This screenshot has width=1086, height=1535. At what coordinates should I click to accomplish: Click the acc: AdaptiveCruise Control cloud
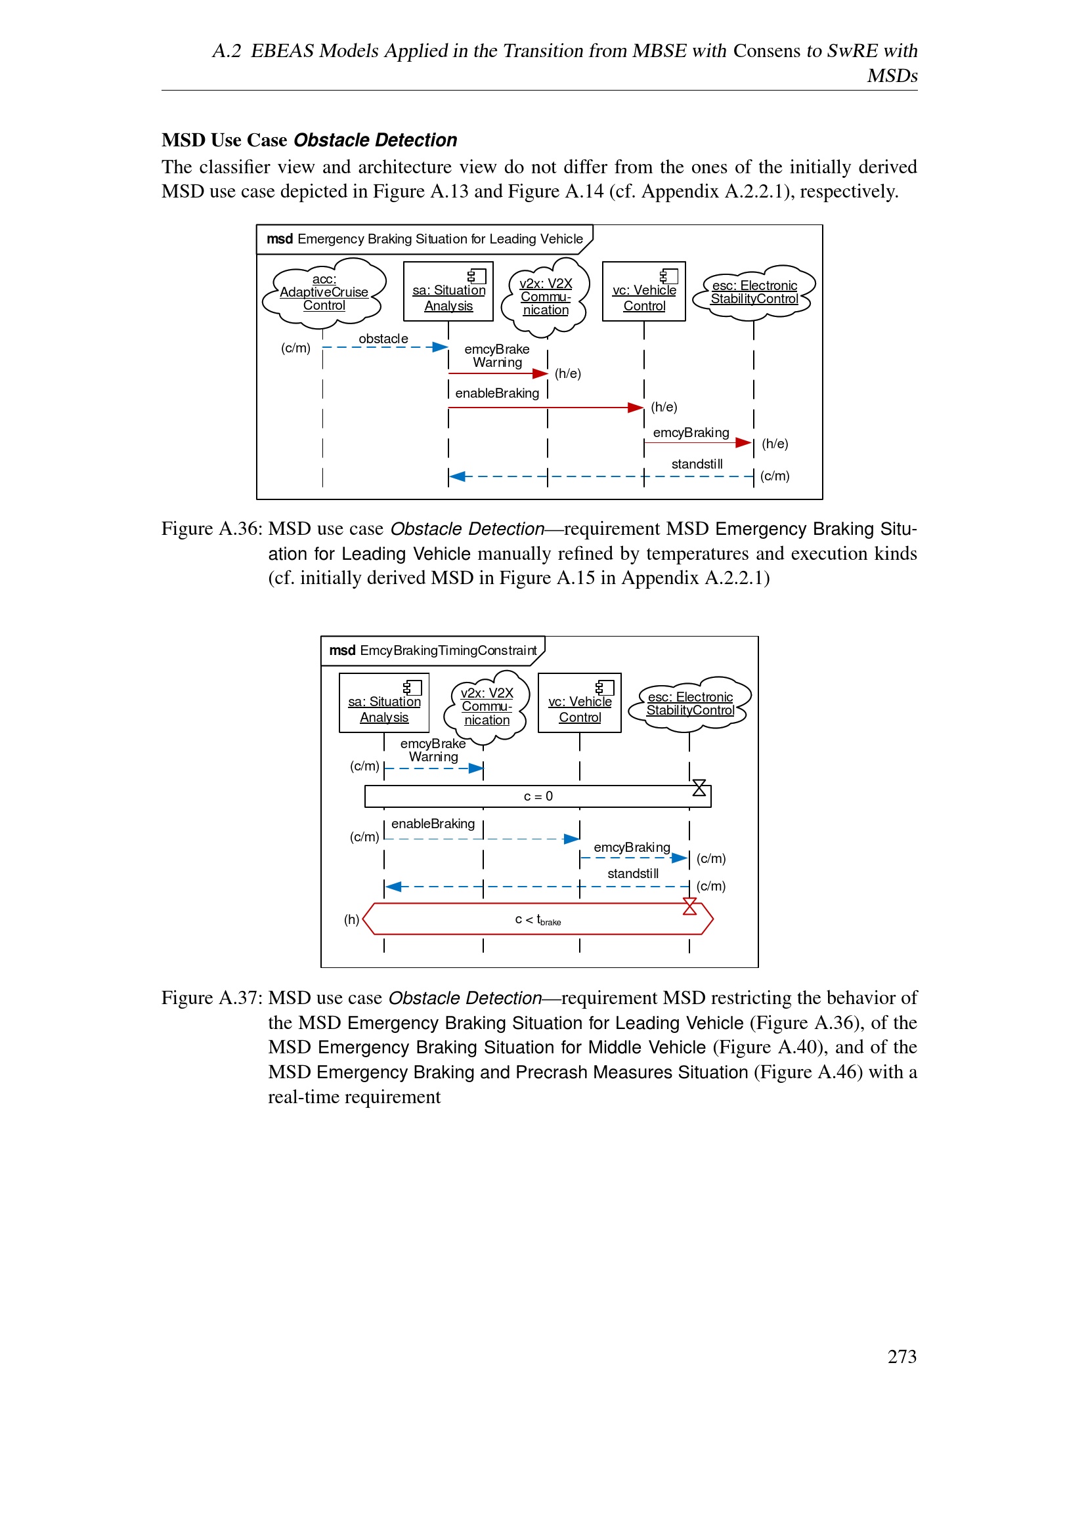pos(324,292)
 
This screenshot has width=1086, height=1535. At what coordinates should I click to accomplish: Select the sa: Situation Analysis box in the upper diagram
pos(448,291)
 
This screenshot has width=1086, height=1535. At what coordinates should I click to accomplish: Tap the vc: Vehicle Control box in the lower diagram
pos(579,703)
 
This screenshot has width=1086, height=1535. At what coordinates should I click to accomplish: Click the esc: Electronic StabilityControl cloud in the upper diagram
pos(754,292)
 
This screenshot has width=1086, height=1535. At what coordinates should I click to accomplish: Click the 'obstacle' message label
pos(383,339)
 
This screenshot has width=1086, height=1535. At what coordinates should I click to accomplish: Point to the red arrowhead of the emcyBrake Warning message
pos(540,373)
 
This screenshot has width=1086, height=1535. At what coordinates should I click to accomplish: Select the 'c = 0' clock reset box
pos(538,796)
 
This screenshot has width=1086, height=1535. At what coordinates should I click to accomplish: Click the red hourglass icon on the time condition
pos(689,906)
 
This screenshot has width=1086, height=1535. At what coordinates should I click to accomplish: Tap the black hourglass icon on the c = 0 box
pos(699,788)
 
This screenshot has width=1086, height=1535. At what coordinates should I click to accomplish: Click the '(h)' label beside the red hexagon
pos(351,919)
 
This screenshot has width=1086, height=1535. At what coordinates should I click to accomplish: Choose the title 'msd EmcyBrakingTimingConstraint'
pos(433,650)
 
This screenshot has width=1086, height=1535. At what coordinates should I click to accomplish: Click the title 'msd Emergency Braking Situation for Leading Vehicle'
pos(425,239)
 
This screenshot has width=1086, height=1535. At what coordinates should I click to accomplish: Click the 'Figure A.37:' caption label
pos(211,998)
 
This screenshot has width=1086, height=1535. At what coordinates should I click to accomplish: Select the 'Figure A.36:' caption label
pos(211,529)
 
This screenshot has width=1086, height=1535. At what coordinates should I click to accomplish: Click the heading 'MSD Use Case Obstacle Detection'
pos(309,140)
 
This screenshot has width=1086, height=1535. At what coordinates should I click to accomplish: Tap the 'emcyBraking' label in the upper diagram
pos(691,432)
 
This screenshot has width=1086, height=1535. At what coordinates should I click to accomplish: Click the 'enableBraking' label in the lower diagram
pos(433,824)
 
